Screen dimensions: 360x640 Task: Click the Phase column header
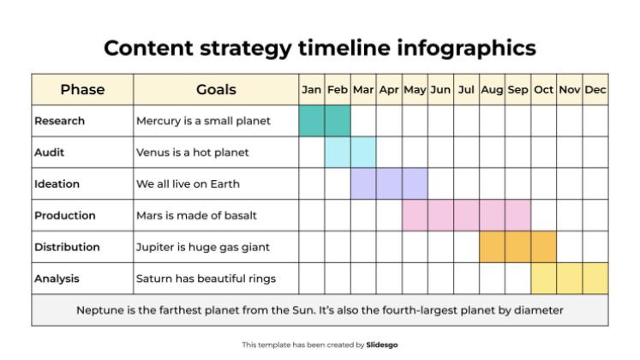[82, 89]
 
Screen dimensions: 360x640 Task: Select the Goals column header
[216, 89]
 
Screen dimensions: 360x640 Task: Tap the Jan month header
[312, 89]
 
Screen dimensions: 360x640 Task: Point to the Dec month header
[595, 89]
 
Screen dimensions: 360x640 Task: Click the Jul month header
[466, 89]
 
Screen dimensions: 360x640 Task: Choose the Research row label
[59, 121]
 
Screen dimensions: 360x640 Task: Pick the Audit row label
[50, 153]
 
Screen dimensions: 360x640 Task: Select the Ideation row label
[57, 183]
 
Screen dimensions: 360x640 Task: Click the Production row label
[65, 215]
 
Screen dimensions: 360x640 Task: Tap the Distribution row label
[67, 247]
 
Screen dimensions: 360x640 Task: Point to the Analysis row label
[57, 279]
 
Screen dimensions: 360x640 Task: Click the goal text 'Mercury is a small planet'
[203, 121]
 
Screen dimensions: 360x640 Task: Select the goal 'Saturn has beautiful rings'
[206, 279]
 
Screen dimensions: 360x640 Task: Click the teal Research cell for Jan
[312, 121]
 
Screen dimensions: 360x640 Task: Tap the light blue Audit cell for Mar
[363, 153]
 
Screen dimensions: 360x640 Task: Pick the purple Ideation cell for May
[415, 183]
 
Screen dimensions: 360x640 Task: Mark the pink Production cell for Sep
[517, 215]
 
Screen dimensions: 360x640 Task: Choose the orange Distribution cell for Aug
[492, 247]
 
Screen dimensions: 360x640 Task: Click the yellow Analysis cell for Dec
[595, 279]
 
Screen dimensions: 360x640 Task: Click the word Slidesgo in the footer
[382, 345]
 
